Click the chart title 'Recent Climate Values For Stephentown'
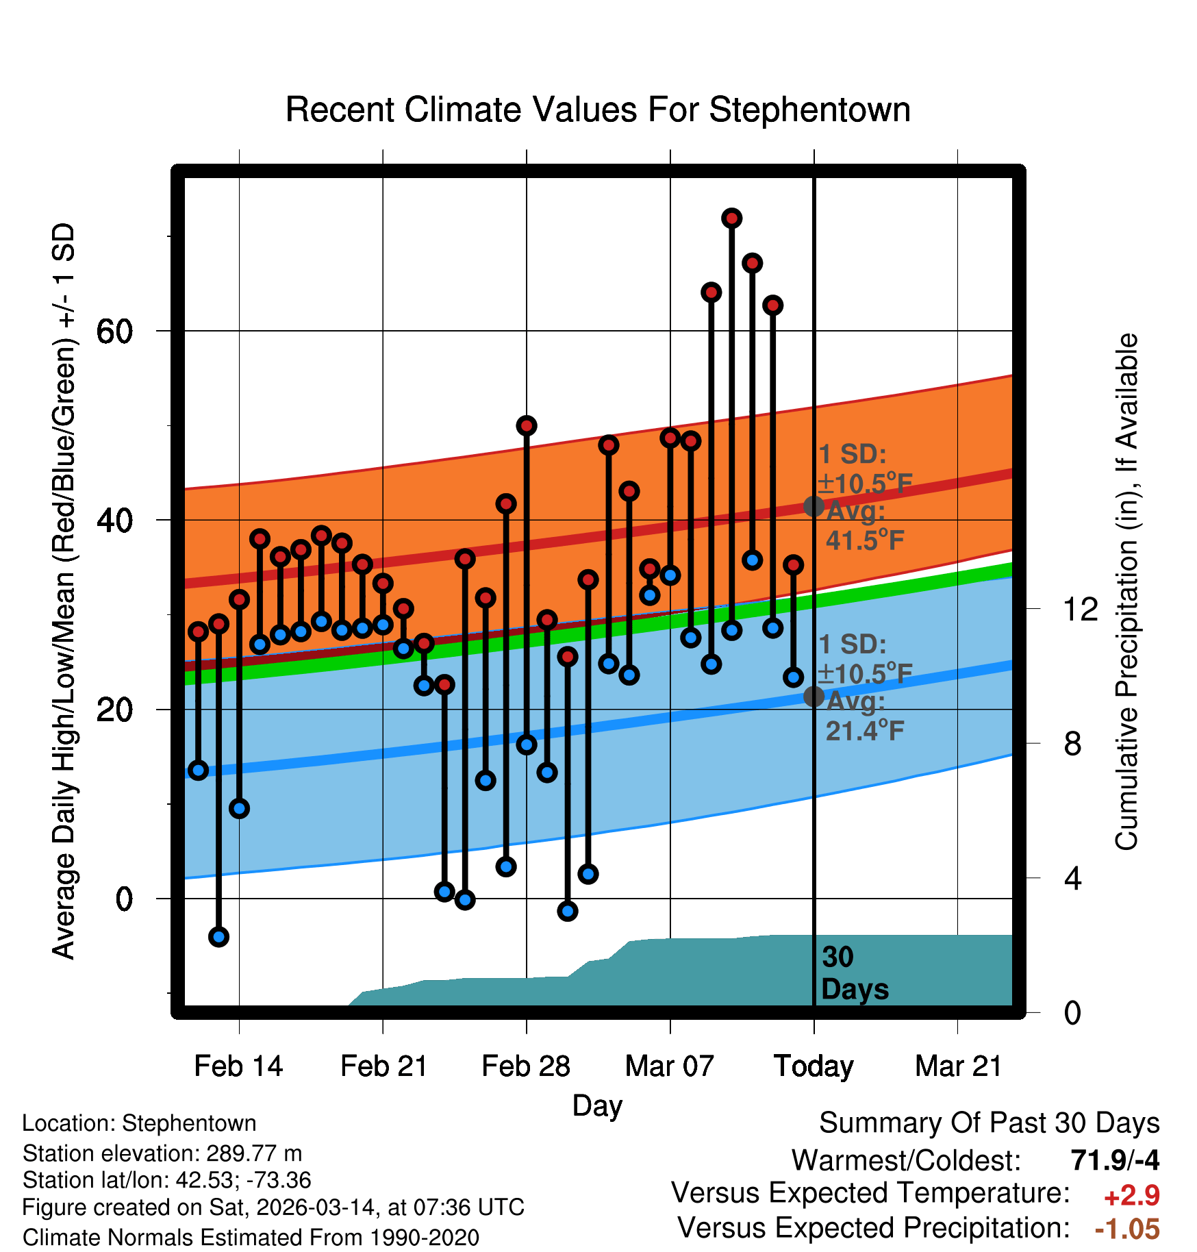tap(598, 110)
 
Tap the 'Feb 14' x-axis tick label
tap(238, 1066)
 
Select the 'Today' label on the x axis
tap(814, 1066)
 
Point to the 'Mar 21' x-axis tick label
tap(958, 1066)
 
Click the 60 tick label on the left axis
tap(114, 331)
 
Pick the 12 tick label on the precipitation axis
tap(1080, 609)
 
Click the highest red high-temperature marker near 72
tap(731, 218)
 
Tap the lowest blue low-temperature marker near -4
tap(218, 936)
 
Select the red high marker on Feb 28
tap(526, 426)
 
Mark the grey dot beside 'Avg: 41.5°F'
tap(814, 506)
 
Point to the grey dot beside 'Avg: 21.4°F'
tap(814, 697)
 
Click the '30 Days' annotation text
tap(854, 973)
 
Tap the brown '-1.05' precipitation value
tap(1127, 1229)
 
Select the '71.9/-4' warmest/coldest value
tap(1115, 1160)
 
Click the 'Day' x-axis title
tap(597, 1105)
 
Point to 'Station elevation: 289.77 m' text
tap(162, 1153)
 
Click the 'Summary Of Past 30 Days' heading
tap(989, 1123)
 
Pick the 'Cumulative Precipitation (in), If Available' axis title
tap(1126, 592)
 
